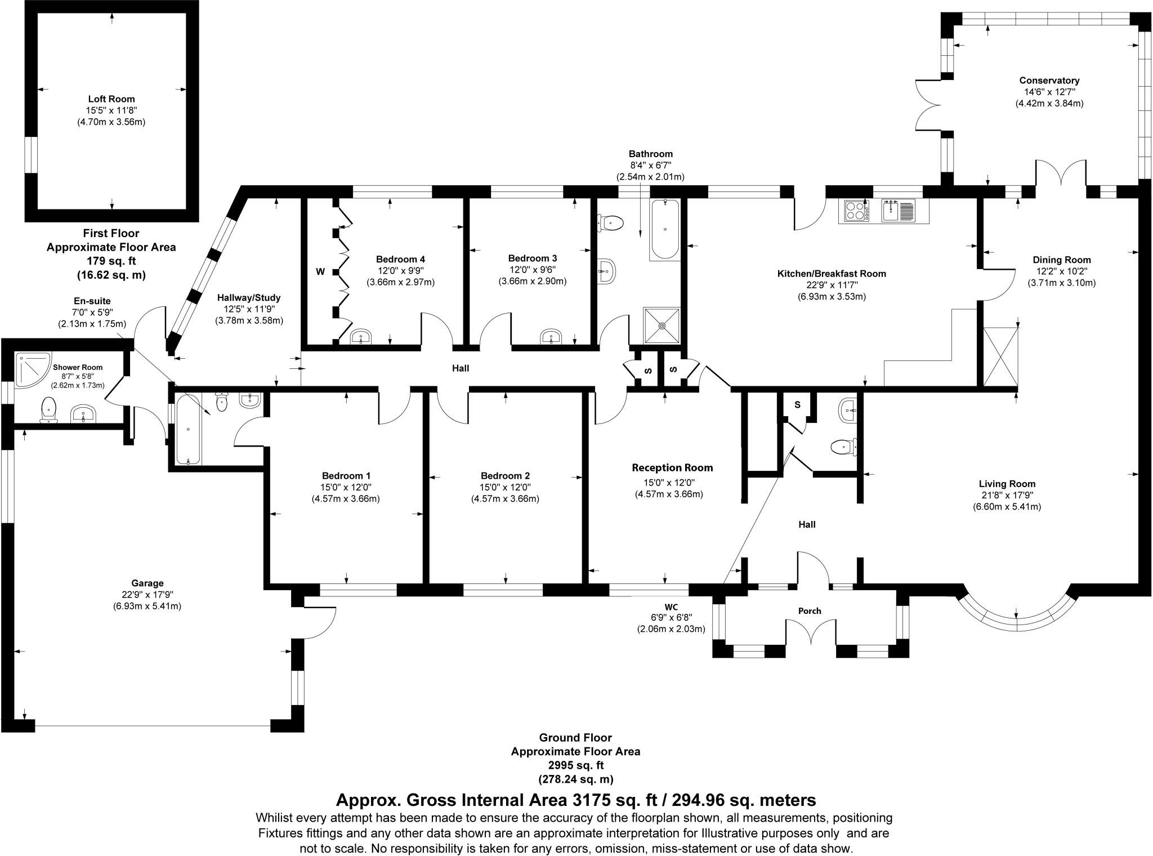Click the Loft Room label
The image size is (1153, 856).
(111, 99)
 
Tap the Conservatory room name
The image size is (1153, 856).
(1049, 81)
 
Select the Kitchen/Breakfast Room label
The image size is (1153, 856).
(832, 274)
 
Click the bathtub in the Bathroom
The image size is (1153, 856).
(665, 229)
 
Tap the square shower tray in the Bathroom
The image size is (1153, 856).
(662, 325)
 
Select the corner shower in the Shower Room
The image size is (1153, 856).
(33, 371)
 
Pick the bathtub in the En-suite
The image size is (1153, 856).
(187, 430)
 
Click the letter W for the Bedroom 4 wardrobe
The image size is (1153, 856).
(320, 272)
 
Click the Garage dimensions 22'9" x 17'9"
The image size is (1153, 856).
(147, 595)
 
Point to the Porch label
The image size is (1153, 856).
(810, 611)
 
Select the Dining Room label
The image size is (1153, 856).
(1062, 260)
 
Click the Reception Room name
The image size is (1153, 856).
(672, 467)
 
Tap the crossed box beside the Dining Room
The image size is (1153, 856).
(1001, 356)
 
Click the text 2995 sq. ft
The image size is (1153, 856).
(575, 765)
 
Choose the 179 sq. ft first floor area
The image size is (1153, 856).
(111, 261)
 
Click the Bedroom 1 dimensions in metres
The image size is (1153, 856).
(346, 498)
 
